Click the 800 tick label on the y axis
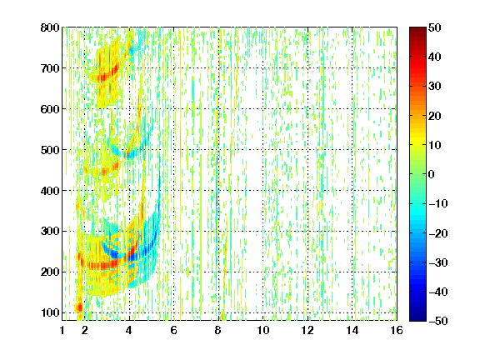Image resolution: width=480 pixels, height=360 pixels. point(50,27)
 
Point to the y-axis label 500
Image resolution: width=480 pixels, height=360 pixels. point(50,150)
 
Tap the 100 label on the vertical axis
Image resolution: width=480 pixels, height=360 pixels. point(50,312)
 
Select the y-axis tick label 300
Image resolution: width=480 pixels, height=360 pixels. point(50,231)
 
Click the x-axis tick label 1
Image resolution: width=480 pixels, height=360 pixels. point(62,330)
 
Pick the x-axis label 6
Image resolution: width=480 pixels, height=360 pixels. point(173,330)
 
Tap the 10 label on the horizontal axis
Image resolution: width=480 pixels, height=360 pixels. point(263,330)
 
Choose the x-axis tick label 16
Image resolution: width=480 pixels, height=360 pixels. point(397,330)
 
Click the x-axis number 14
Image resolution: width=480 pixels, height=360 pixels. point(352,330)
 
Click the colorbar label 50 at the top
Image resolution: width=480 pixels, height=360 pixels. point(434,27)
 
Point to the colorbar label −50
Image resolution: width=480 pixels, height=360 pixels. point(438,321)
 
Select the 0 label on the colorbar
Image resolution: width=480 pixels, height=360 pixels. point(432,174)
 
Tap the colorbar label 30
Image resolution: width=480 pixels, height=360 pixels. point(434,87)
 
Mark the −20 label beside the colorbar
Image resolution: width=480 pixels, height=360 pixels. point(438,233)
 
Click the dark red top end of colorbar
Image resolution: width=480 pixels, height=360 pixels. point(417,29)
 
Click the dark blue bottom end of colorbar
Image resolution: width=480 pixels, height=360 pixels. point(417,319)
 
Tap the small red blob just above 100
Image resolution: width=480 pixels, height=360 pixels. point(79,307)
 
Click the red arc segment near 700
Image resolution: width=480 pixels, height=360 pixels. point(107,72)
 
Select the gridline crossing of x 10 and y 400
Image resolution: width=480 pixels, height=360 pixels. point(263,190)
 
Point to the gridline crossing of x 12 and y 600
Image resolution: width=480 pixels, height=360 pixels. point(307,108)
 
